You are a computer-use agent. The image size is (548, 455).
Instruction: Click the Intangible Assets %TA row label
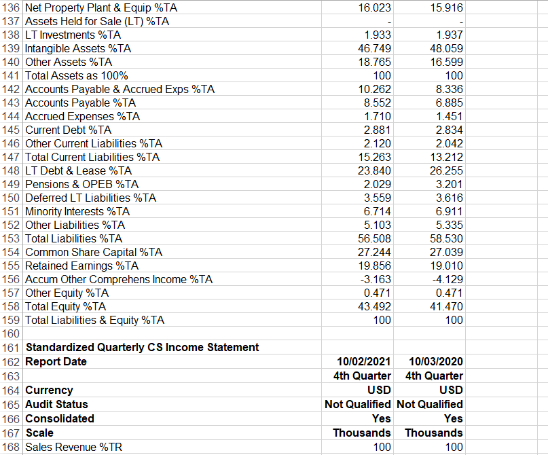(78, 48)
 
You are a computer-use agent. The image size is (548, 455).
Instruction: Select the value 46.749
(374, 48)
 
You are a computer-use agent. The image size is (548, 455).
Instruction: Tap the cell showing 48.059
(446, 48)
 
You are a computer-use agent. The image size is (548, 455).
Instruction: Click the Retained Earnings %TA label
(81, 266)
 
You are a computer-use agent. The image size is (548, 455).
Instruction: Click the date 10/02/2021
(364, 361)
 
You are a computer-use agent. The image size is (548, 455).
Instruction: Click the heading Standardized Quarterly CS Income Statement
(142, 347)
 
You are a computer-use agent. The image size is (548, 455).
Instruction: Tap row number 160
(12, 333)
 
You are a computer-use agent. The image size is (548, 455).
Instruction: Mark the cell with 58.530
(446, 238)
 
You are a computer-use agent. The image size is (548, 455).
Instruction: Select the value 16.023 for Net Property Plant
(374, 7)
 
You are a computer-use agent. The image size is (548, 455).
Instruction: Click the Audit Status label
(56, 404)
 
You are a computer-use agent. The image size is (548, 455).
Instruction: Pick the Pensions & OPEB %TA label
(81, 184)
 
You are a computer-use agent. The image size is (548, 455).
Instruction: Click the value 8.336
(449, 89)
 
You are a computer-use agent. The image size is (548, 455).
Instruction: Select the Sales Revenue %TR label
(75, 447)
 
